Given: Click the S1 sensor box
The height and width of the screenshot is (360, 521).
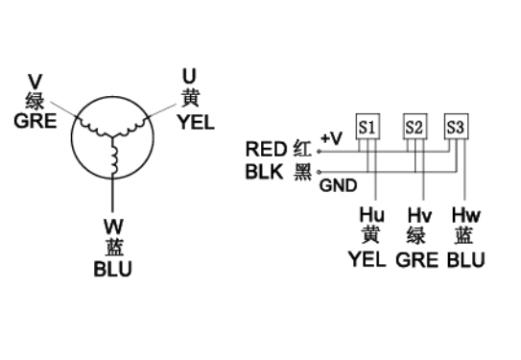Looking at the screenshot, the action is coord(367,127).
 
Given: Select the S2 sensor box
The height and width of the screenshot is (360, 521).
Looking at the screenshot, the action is coord(415,127).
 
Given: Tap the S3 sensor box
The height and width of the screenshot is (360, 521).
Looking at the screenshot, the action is coord(457,127).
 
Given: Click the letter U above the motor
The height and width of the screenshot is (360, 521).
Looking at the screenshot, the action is coord(189,76).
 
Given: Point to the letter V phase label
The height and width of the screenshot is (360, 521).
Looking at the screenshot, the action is coord(35,83).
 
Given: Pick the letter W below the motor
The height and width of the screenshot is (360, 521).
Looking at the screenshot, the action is coord(113,227).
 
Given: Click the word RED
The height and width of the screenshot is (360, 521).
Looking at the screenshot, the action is coord(266,149).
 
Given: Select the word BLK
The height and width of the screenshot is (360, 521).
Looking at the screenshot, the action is coord(265,172).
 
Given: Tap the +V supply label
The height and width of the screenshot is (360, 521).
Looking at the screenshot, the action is coord(332,138).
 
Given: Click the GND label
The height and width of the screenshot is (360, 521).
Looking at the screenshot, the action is coord(339,185).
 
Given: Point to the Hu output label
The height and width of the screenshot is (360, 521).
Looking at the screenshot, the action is coord(372,215).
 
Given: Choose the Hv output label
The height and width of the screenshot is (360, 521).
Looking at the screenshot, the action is coord(419,215).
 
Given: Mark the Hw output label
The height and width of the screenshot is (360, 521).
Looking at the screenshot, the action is coord(466,215).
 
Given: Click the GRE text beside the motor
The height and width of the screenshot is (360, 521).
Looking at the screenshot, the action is coord(36,121).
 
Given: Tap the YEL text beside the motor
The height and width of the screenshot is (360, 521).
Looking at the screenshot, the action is coord(196,122).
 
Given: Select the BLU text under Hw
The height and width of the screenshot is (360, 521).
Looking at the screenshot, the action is coord(466,260).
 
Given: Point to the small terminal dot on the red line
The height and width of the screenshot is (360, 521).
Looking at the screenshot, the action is coord(319,152).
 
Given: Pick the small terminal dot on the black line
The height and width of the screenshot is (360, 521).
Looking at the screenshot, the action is coord(319,172).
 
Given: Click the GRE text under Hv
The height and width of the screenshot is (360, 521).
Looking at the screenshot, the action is coord(417,260).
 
